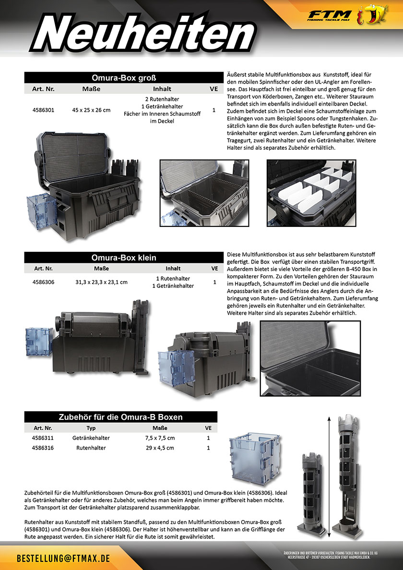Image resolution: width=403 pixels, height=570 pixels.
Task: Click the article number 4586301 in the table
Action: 43,110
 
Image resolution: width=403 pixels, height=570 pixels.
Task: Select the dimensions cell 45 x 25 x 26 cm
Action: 91,110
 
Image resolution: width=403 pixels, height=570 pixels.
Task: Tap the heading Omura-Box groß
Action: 124,78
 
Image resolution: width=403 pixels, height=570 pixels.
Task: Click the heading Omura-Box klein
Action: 124,258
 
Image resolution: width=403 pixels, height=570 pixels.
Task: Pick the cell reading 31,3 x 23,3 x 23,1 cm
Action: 102,282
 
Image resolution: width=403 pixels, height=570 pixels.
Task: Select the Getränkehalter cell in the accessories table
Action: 91,438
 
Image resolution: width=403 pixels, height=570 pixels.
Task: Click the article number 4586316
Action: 43,448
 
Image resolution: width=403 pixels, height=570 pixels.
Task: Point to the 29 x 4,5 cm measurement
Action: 160,448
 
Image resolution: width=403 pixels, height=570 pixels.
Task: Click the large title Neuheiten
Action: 140,35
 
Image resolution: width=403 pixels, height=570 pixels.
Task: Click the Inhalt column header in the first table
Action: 162,89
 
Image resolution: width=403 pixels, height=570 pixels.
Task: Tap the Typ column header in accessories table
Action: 91,427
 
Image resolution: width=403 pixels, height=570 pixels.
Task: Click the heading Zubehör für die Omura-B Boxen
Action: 120,417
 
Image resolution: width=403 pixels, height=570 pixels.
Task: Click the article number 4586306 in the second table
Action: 43,282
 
